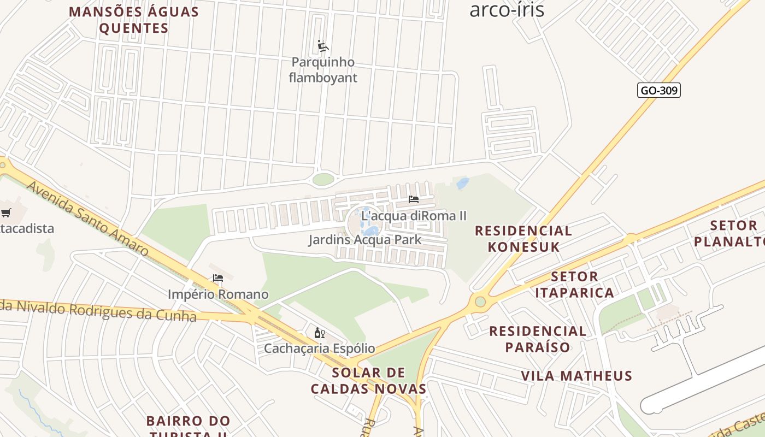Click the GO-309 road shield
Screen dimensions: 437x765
(658, 90)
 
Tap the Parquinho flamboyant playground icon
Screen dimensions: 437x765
(323, 46)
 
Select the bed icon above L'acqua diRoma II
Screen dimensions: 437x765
(414, 199)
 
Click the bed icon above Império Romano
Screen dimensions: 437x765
(218, 278)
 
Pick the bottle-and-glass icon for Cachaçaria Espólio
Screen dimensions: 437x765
(320, 333)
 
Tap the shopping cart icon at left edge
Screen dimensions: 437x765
(6, 212)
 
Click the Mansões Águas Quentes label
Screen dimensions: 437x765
(134, 20)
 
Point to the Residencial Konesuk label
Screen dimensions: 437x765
(523, 239)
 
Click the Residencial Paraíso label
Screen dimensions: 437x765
(538, 339)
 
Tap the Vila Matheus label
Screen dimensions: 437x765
(576, 376)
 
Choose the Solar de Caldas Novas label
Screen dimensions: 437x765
(368, 381)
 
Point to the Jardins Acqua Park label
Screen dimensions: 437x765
(364, 240)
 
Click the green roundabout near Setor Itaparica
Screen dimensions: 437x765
(480, 302)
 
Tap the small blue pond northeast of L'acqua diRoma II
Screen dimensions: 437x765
(462, 183)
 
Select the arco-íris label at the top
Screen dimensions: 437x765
(507, 9)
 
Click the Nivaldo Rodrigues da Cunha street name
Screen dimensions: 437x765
(98, 310)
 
